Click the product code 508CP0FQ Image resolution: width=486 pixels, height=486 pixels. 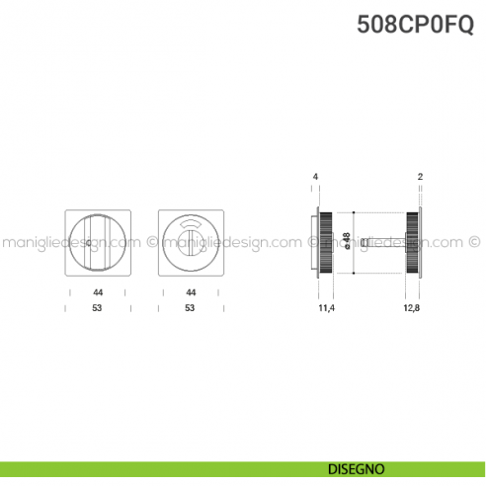coord(416,23)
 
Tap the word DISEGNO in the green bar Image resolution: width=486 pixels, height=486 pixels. coord(359,468)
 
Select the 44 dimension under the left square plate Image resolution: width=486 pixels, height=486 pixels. coord(98,293)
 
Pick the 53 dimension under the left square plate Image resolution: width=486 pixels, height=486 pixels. coord(98,308)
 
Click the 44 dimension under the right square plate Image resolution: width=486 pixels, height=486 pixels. coord(191,293)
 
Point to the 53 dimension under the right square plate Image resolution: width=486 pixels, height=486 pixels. coord(191,308)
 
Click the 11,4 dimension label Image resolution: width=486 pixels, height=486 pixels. coord(327,309)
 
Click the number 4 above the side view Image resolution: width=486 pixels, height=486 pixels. coord(315,176)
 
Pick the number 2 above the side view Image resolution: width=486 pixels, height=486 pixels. coord(421,176)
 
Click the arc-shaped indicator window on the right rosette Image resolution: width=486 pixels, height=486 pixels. coord(191,228)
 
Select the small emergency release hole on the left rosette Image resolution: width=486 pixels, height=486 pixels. coord(90,242)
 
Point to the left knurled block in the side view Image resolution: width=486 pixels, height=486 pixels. coord(327,242)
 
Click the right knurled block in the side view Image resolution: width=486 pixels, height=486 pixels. coord(412,242)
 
